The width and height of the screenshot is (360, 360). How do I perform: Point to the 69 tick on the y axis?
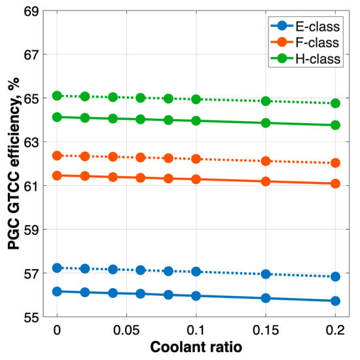click(31, 12)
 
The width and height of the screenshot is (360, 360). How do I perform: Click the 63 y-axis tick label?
click(31, 142)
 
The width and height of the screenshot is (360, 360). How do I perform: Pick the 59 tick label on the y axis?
click(31, 230)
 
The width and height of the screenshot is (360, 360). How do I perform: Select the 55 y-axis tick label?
click(31, 317)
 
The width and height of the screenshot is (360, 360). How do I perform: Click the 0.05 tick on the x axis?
click(126, 331)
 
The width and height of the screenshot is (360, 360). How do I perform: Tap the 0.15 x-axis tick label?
click(266, 331)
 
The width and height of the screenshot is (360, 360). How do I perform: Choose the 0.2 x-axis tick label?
click(335, 331)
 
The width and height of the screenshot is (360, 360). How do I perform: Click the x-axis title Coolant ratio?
click(196, 347)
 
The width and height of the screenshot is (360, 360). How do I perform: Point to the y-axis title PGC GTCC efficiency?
click(14, 164)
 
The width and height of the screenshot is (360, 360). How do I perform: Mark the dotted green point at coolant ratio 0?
click(57, 96)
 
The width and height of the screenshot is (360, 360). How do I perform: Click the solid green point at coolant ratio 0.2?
click(335, 126)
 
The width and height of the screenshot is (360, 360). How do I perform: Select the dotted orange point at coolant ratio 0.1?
click(196, 159)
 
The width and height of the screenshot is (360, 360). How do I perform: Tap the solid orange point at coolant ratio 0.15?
click(266, 181)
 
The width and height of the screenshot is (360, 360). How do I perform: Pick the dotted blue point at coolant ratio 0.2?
click(335, 277)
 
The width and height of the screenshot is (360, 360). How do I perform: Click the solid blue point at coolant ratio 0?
click(57, 291)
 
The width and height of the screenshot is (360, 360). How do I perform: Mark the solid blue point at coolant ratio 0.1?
click(196, 296)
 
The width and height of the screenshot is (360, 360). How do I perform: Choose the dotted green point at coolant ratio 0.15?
click(266, 101)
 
